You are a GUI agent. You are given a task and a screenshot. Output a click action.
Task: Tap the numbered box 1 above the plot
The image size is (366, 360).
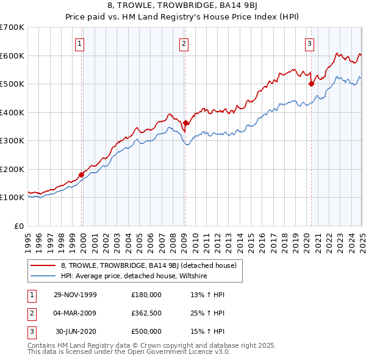pos(81,43)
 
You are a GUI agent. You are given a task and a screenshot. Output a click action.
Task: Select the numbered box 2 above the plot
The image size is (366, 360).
pos(184,43)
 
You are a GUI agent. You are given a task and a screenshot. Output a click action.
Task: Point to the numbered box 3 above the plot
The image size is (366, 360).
pos(310,43)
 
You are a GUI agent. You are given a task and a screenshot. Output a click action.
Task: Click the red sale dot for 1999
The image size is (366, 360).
pos(81,175)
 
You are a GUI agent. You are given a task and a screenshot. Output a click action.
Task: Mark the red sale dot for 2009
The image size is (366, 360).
pos(185,123)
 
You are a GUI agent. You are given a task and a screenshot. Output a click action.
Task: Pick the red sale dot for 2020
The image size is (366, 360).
pos(311,84)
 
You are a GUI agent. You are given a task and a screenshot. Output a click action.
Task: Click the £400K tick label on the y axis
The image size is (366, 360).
pos(12,112)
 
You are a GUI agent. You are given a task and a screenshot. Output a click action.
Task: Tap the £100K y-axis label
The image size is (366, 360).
pos(12,197)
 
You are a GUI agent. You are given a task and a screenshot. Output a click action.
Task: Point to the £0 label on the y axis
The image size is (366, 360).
pos(19,226)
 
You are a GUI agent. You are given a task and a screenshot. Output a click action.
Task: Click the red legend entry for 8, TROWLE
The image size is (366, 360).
pos(152,265)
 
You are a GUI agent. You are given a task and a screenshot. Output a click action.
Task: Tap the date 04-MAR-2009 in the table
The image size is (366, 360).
pos(75,313)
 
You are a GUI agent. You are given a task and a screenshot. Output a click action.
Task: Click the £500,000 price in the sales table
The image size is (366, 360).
pos(146,331)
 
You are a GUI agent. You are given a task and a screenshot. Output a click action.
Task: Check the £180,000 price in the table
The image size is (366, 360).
pos(146,295)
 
